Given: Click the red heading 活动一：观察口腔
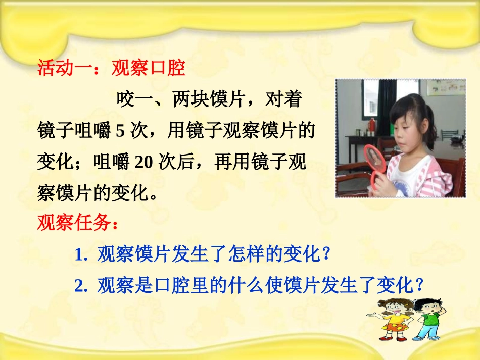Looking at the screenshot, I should point(112,68).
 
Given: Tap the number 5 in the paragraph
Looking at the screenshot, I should point(120,131).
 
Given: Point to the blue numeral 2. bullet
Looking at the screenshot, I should point(81,286).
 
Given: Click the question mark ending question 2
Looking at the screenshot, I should point(419,286).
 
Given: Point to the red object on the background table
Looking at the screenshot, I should point(372,124).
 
